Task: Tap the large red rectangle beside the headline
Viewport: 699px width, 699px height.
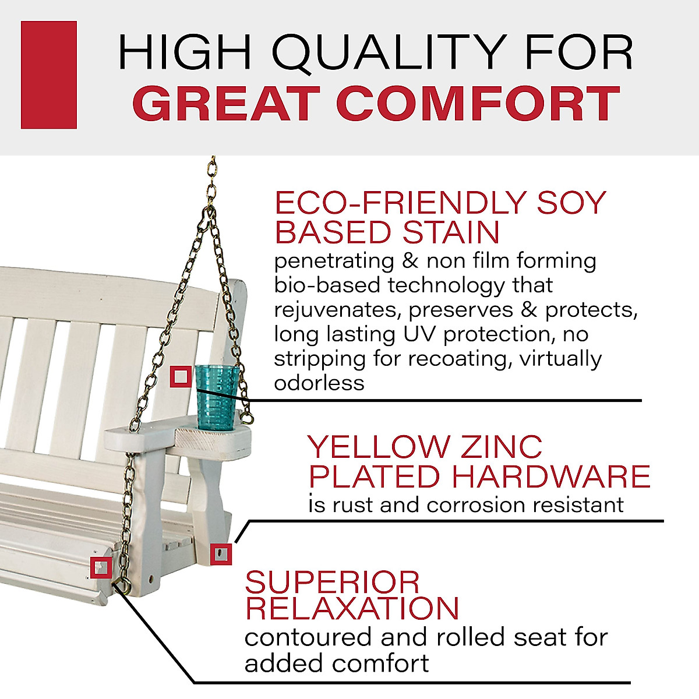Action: point(49,75)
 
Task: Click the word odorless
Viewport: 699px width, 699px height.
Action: point(319,383)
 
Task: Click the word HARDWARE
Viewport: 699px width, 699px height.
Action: point(551,476)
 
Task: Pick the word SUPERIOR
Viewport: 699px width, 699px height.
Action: point(332,582)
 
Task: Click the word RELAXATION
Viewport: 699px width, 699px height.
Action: point(352,608)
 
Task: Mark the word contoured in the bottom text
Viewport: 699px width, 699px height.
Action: point(309,637)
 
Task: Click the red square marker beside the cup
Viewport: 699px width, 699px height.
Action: point(181,377)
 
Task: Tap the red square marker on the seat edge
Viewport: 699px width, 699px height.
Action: point(101,567)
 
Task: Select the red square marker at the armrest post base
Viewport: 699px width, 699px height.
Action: point(221,553)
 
